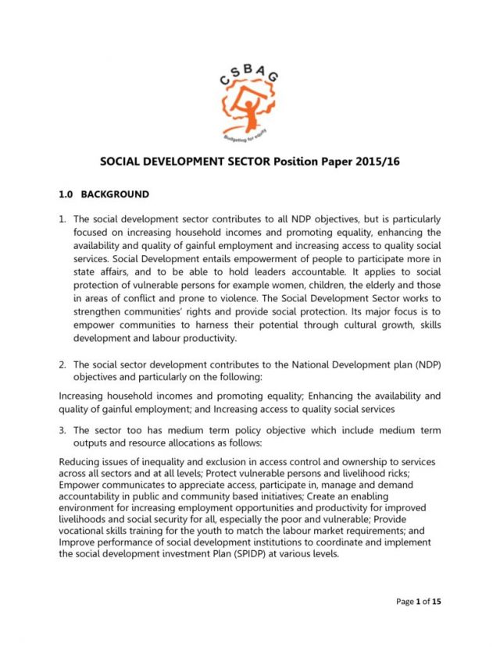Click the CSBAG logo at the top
(250, 98)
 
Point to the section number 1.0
(70, 194)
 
